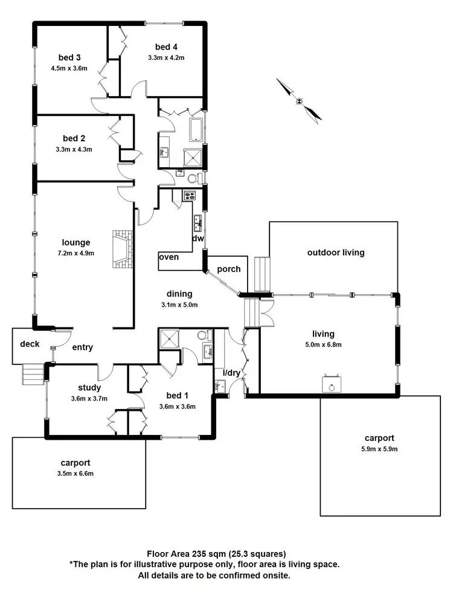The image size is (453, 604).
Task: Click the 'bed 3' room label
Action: pyautogui.click(x=70, y=57)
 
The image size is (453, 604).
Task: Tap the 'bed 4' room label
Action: pyautogui.click(x=165, y=47)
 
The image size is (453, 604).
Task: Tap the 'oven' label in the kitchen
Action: pyautogui.click(x=169, y=257)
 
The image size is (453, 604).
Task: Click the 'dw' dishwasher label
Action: pyautogui.click(x=198, y=239)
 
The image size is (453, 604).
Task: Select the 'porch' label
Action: pyautogui.click(x=228, y=269)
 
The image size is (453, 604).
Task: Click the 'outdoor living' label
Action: pyautogui.click(x=336, y=252)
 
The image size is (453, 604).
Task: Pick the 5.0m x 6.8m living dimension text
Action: pyautogui.click(x=323, y=345)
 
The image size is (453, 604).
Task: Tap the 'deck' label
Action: pyautogui.click(x=30, y=344)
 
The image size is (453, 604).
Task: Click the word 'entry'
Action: pyautogui.click(x=83, y=347)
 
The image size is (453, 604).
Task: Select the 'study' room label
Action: pyautogui.click(x=89, y=388)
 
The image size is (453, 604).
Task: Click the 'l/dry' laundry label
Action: pyautogui.click(x=232, y=373)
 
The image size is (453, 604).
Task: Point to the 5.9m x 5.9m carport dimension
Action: pyautogui.click(x=380, y=449)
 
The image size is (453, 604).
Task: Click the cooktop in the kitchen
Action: pyautogui.click(x=188, y=195)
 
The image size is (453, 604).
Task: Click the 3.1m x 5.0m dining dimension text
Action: pyautogui.click(x=179, y=304)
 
